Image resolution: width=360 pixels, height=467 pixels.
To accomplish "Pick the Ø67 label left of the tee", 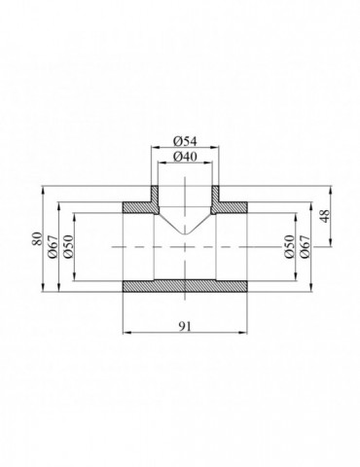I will pos(54,247).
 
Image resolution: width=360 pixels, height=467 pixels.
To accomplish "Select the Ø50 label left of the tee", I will pos(70,247).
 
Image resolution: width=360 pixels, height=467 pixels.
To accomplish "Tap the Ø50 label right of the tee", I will pos(289,247).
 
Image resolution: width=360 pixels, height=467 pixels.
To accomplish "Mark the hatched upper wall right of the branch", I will pos(232,207).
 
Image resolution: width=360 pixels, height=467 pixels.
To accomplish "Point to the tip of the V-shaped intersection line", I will pos(184,234).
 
